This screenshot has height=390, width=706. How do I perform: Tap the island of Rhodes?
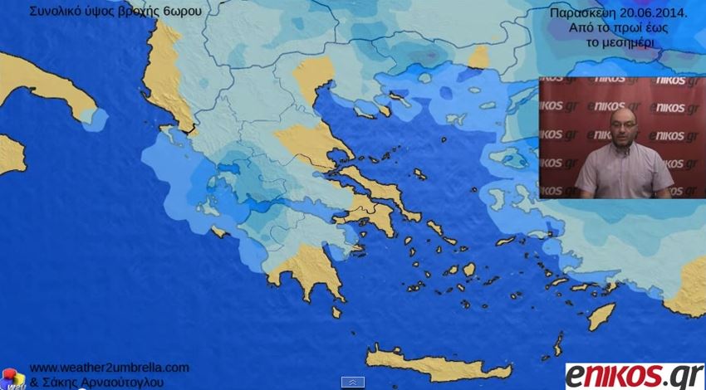[601, 316]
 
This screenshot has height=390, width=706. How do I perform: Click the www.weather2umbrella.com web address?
[109, 368]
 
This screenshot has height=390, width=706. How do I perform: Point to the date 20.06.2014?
[653, 13]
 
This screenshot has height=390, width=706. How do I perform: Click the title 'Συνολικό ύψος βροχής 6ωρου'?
[115, 12]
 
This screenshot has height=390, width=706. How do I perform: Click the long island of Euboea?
[378, 188]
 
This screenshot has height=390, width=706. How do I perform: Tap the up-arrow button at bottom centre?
[353, 382]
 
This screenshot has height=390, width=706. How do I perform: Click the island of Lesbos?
[509, 158]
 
